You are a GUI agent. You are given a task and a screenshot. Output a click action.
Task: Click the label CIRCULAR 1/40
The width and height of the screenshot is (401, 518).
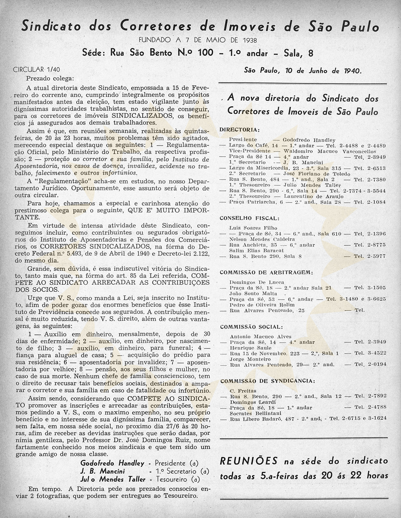pos(36,70)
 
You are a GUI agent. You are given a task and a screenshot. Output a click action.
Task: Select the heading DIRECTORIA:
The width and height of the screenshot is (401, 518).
pos(239,130)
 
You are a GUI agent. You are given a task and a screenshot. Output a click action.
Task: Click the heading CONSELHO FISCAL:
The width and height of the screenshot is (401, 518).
pos(250,218)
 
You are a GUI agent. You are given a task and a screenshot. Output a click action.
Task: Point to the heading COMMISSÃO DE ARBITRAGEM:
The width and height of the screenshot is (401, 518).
pos(266,272)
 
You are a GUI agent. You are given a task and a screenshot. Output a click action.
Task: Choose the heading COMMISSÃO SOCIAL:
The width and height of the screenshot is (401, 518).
pos(251,327)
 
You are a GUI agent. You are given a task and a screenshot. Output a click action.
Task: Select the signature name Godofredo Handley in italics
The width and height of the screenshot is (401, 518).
pos(112,463)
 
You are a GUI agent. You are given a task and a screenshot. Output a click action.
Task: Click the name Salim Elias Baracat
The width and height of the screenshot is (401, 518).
pos(252,250)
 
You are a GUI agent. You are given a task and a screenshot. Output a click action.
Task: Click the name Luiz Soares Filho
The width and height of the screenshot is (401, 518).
pos(253,228)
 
